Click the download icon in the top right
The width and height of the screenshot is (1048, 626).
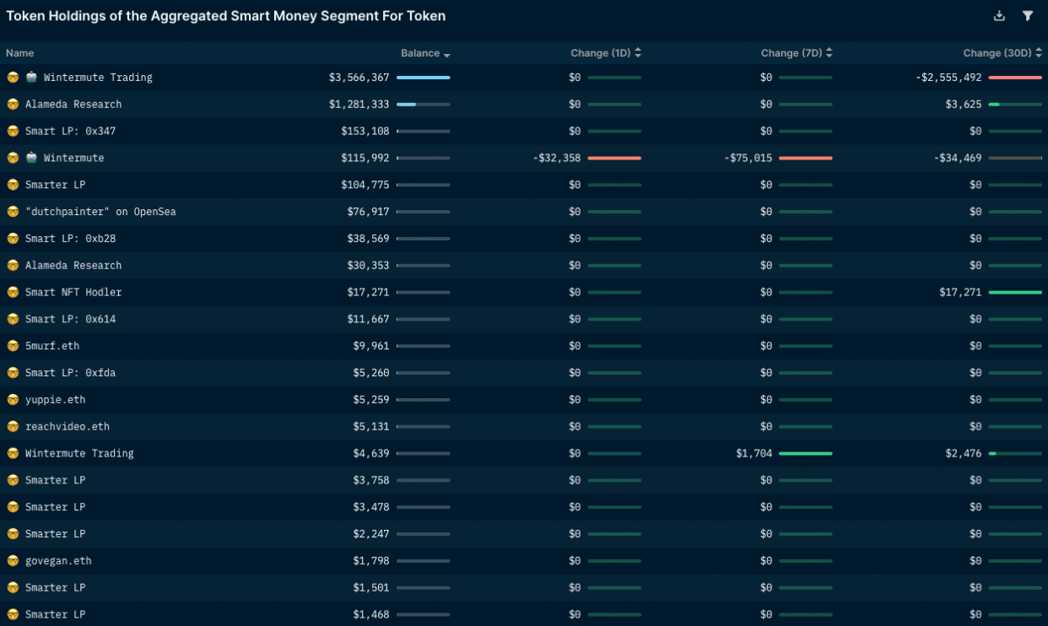[x=999, y=15]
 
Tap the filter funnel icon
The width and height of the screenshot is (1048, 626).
[x=1028, y=15]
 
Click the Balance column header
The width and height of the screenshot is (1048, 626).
[x=420, y=53]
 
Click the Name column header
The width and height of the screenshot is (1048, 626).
[x=19, y=53]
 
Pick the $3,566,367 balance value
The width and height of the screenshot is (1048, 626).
[x=359, y=78]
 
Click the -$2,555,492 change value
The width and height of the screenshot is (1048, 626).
[x=948, y=78]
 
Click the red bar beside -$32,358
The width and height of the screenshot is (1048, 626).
[x=614, y=158]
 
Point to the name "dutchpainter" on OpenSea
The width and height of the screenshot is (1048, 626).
[x=100, y=212]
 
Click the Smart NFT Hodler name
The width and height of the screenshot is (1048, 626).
[x=73, y=292]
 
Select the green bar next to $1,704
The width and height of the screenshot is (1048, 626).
[x=805, y=453]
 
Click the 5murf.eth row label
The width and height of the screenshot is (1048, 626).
[x=52, y=346]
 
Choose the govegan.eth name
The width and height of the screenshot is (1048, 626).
[x=58, y=561]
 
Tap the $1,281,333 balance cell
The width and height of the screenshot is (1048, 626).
[x=359, y=105]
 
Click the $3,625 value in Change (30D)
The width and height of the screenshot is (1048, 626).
[x=964, y=105]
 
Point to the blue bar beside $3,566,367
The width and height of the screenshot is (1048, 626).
[x=423, y=78]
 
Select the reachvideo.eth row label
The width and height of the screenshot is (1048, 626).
[x=68, y=427]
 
